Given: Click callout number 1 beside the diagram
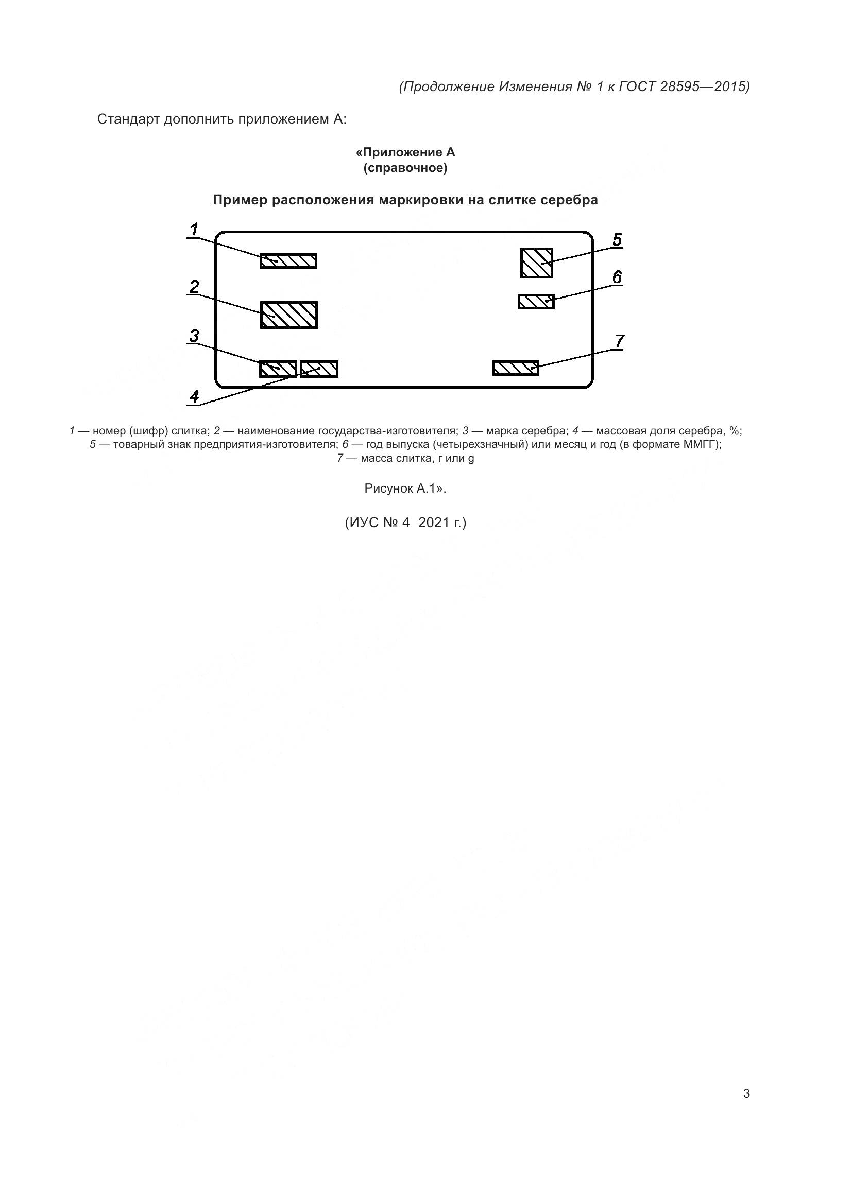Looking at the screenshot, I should tap(194, 230).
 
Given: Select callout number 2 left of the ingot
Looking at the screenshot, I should tap(194, 287).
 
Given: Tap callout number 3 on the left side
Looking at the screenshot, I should tap(194, 336).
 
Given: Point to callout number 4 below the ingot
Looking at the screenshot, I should tap(194, 396).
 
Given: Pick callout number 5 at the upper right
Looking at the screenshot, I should tap(617, 240).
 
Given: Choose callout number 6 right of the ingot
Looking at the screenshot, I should tap(617, 277).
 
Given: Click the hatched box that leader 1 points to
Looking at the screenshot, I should tap(288, 260).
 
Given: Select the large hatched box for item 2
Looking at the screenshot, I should tap(289, 315).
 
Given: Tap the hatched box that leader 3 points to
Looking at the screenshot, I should tap(278, 369).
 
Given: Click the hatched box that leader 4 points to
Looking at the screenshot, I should tap(319, 369).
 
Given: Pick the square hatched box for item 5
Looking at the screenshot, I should tap(536, 263).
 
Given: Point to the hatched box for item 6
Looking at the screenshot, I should tap(536, 302).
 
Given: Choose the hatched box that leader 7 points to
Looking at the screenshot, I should tap(515, 368).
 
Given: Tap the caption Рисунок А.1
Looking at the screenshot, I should tap(404, 488).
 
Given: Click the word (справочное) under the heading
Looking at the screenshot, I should tap(405, 168).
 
